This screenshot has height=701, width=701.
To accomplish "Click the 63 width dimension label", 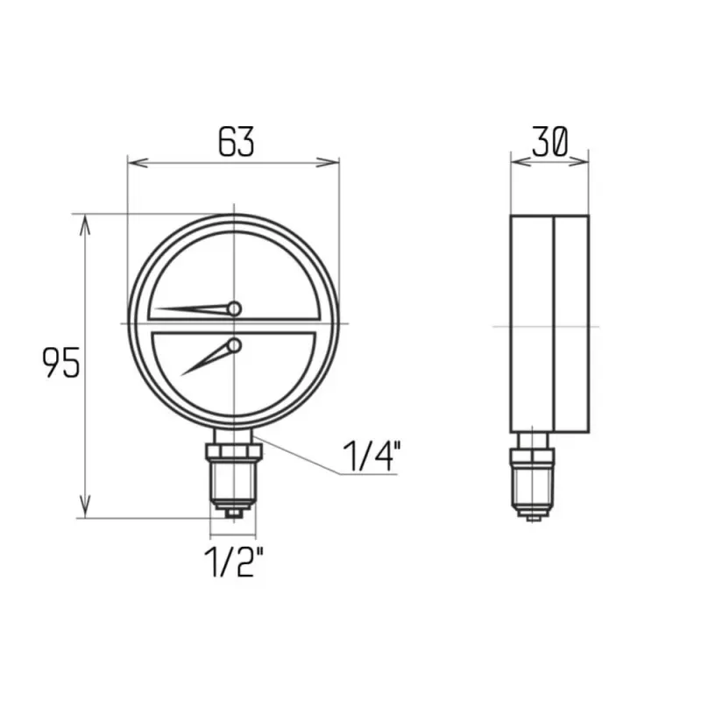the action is coord(236,141).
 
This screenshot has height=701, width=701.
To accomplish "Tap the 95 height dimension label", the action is coord(60,362).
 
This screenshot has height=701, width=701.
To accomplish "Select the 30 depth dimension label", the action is coord(550,141).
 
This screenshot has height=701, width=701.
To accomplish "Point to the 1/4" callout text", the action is coord(371,456).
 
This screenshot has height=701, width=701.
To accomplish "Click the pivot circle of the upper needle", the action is coord(234,309).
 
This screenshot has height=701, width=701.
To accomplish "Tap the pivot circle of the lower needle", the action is coord(234,345).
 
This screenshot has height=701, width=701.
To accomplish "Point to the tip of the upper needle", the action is coord(156,308).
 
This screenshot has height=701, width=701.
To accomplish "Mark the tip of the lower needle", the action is coord(181,375).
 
